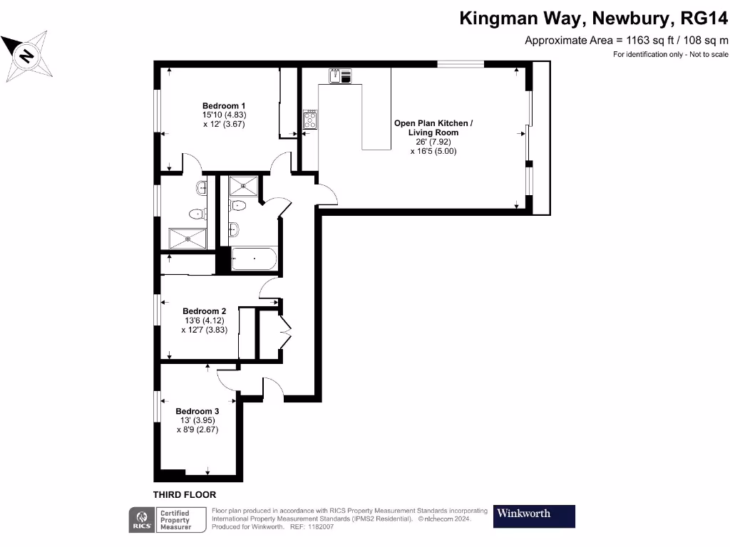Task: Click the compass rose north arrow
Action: (26, 55)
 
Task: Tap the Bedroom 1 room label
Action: (224, 105)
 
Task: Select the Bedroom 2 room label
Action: (204, 311)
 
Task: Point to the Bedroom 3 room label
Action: (197, 411)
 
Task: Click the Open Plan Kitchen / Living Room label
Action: (433, 127)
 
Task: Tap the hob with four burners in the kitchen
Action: (310, 120)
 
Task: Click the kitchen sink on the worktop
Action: (340, 75)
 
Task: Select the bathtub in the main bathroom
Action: (255, 259)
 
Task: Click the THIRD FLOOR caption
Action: (185, 494)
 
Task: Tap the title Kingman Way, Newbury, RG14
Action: (593, 18)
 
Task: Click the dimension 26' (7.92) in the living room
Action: (433, 142)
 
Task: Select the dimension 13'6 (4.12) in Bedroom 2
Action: (204, 321)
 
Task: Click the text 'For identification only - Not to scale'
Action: (671, 55)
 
